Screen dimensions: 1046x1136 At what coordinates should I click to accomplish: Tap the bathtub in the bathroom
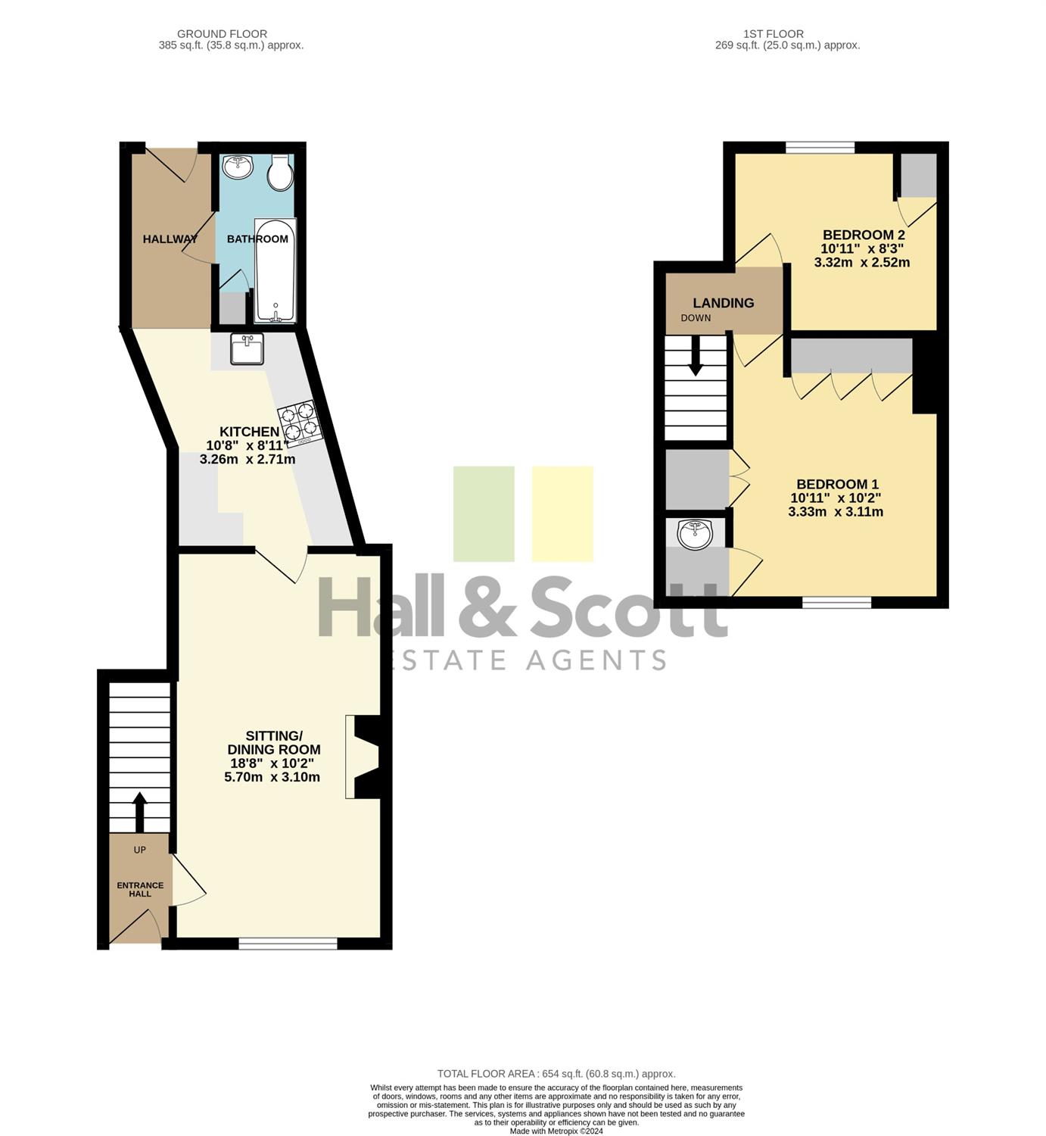[276, 270]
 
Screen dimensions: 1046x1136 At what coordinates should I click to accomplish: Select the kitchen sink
[247, 349]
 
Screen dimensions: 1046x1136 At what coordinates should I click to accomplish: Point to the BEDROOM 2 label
[864, 235]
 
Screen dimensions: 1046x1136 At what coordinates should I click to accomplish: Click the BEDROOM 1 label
[837, 484]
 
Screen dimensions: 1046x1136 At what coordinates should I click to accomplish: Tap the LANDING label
[724, 303]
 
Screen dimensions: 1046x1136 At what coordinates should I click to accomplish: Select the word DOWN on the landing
[696, 318]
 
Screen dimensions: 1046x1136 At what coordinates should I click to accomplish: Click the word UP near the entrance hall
[140, 850]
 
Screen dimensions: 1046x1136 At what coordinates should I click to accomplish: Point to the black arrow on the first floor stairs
[695, 356]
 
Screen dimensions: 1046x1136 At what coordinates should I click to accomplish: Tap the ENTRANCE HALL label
[140, 890]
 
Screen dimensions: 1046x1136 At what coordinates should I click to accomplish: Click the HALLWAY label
[170, 239]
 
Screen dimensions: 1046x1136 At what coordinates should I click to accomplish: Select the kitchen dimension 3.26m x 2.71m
[247, 459]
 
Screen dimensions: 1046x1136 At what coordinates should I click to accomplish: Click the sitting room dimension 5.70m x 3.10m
[272, 777]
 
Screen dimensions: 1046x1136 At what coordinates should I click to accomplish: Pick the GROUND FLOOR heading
[222, 34]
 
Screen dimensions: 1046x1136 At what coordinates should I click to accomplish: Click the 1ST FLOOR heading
[774, 34]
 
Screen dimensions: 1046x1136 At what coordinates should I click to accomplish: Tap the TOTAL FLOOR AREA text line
[556, 1074]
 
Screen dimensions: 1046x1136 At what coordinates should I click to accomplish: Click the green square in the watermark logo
[484, 513]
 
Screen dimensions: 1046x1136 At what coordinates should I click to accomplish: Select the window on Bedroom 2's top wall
[820, 148]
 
